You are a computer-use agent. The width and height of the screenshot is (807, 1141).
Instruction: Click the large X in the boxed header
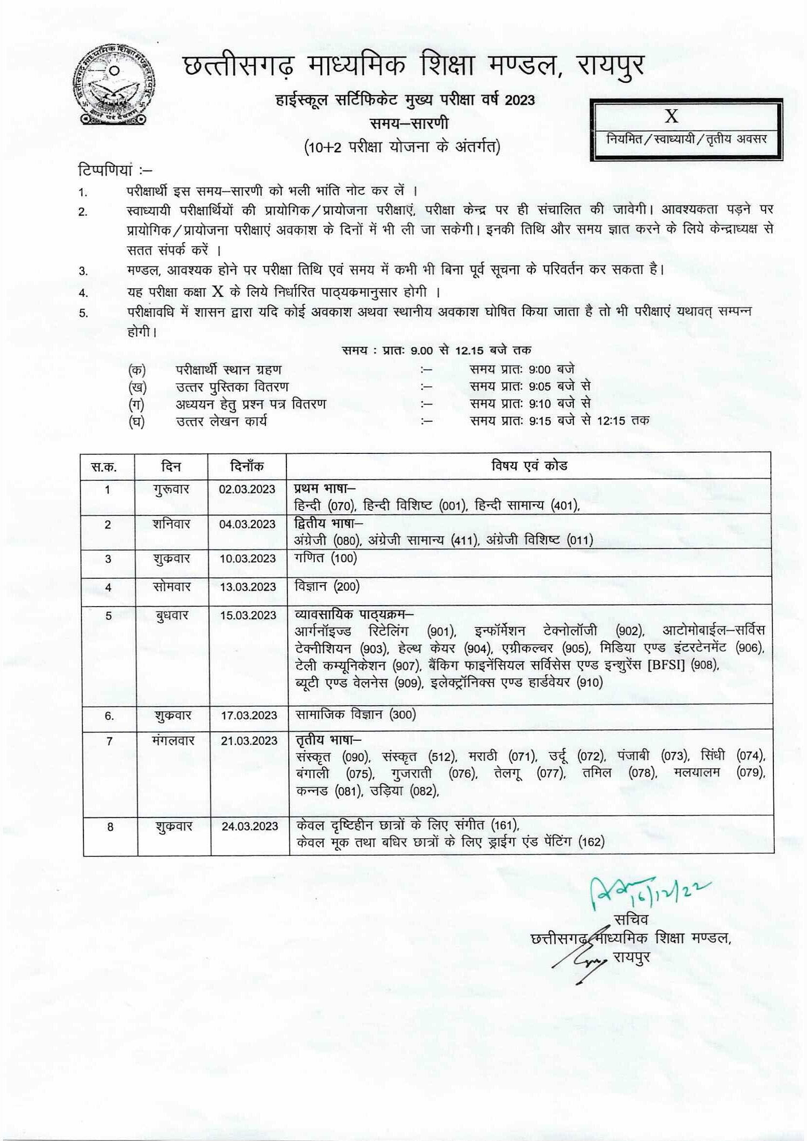(671, 116)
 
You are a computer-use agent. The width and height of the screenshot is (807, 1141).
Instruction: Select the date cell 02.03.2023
(247, 489)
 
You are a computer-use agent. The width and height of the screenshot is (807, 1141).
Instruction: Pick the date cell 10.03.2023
(247, 559)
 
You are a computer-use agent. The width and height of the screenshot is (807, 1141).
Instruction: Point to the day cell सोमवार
(171, 587)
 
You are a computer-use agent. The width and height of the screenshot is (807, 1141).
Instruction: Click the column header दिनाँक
(247, 466)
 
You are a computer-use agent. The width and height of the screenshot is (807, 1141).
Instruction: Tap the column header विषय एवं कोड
(530, 466)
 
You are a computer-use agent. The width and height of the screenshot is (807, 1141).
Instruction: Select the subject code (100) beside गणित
(343, 558)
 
